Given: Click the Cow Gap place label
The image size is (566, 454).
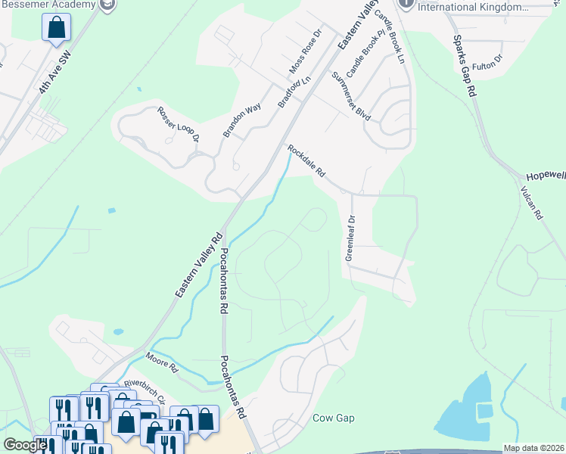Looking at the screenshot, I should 334,418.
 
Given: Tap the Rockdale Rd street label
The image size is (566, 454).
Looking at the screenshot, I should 306,161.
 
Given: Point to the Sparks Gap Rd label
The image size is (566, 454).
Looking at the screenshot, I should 464,66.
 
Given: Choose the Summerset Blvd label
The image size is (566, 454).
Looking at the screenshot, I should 351,96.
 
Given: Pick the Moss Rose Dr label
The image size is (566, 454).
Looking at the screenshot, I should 306,52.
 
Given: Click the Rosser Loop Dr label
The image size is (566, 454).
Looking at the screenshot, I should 178,124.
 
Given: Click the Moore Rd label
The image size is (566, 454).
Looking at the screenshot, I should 161,362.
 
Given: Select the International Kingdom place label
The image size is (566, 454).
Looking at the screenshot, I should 473,7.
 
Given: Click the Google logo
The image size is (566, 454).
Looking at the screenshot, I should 25,445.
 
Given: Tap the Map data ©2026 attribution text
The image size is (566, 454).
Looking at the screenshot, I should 533,448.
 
